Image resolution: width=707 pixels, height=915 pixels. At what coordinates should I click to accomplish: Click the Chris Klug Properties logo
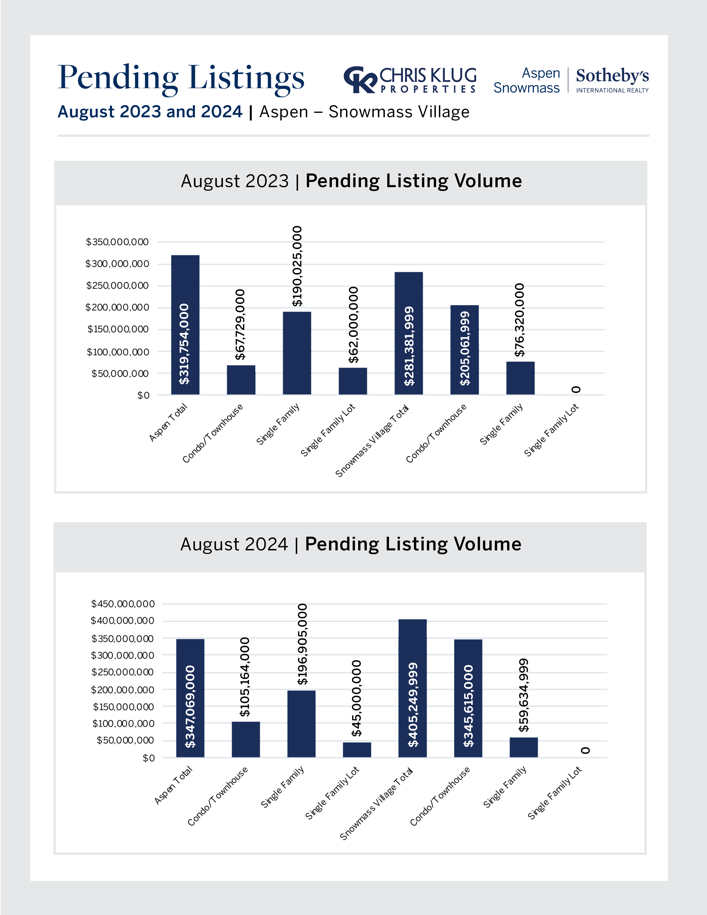click(x=410, y=80)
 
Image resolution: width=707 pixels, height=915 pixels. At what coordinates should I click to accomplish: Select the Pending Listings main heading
click(x=181, y=78)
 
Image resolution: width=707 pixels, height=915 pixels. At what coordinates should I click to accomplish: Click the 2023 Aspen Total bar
click(x=185, y=325)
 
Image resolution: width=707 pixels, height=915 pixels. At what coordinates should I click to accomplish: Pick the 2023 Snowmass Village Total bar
click(x=408, y=333)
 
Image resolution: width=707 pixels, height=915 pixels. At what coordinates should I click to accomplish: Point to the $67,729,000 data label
click(x=240, y=324)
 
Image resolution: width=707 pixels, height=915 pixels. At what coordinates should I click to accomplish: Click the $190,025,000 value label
click(x=297, y=266)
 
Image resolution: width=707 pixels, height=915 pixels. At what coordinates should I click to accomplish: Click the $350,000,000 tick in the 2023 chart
click(x=117, y=242)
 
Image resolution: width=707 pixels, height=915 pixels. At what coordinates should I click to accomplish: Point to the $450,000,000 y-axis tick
click(x=123, y=604)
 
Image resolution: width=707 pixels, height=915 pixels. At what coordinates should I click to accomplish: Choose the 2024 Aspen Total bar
click(x=190, y=698)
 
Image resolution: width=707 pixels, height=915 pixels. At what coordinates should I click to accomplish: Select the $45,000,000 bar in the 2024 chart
click(x=357, y=749)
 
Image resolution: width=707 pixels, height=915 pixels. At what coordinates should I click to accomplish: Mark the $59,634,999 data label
click(x=523, y=695)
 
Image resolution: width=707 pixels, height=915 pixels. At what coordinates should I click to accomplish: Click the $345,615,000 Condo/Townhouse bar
click(x=468, y=698)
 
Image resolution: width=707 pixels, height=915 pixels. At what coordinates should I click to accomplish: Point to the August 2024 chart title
click(x=350, y=544)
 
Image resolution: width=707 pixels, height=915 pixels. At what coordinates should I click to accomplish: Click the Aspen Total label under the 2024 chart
click(x=173, y=785)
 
